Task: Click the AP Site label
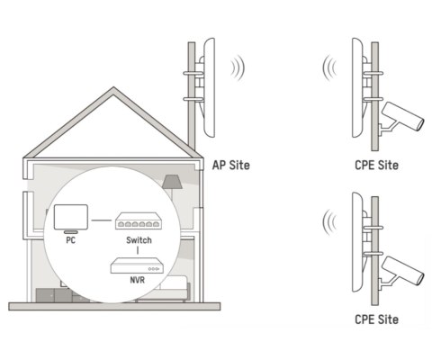tap(230, 166)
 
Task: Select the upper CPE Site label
tap(376, 166)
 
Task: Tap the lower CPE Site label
tap(376, 319)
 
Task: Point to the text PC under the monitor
tap(69, 241)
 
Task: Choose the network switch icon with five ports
tap(137, 221)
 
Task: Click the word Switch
tap(137, 241)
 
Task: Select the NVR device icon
tap(137, 267)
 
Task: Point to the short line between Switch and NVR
tap(137, 251)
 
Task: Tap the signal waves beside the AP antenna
tap(236, 67)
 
